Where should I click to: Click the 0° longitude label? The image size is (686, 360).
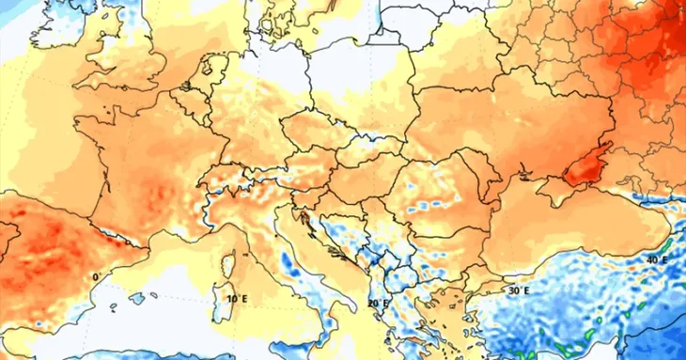point(95,277)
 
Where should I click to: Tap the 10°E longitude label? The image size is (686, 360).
point(238,299)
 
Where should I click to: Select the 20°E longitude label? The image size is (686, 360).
point(377,303)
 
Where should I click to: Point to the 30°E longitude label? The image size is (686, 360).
point(519,291)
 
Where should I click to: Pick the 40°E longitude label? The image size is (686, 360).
point(657,258)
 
